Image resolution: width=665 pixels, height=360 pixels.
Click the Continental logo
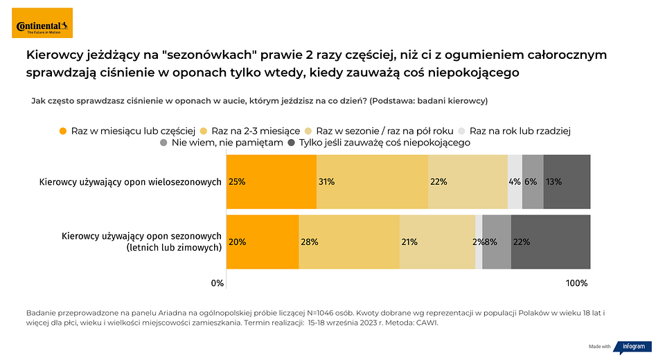coord(44,27)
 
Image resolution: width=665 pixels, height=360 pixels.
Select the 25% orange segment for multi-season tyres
coord(271,182)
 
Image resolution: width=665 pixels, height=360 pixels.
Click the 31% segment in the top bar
coord(372,182)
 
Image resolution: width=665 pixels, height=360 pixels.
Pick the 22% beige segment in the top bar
coord(468,182)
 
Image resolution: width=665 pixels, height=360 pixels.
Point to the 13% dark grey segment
coord(567,182)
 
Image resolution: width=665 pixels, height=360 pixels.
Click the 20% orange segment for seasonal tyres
coord(262,242)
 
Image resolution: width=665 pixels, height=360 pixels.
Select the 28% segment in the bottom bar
coord(349,242)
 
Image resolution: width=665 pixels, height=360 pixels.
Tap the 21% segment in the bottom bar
coord(437,242)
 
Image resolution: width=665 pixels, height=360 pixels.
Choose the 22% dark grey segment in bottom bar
coord(550,242)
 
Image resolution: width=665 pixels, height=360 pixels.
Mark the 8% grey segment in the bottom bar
coord(496,242)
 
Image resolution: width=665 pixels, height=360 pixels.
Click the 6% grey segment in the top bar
coord(533,182)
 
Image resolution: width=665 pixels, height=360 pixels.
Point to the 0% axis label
coord(218,283)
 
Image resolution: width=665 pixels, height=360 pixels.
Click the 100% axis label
coord(576,283)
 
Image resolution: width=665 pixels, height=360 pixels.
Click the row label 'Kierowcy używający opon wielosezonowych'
coord(130,182)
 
